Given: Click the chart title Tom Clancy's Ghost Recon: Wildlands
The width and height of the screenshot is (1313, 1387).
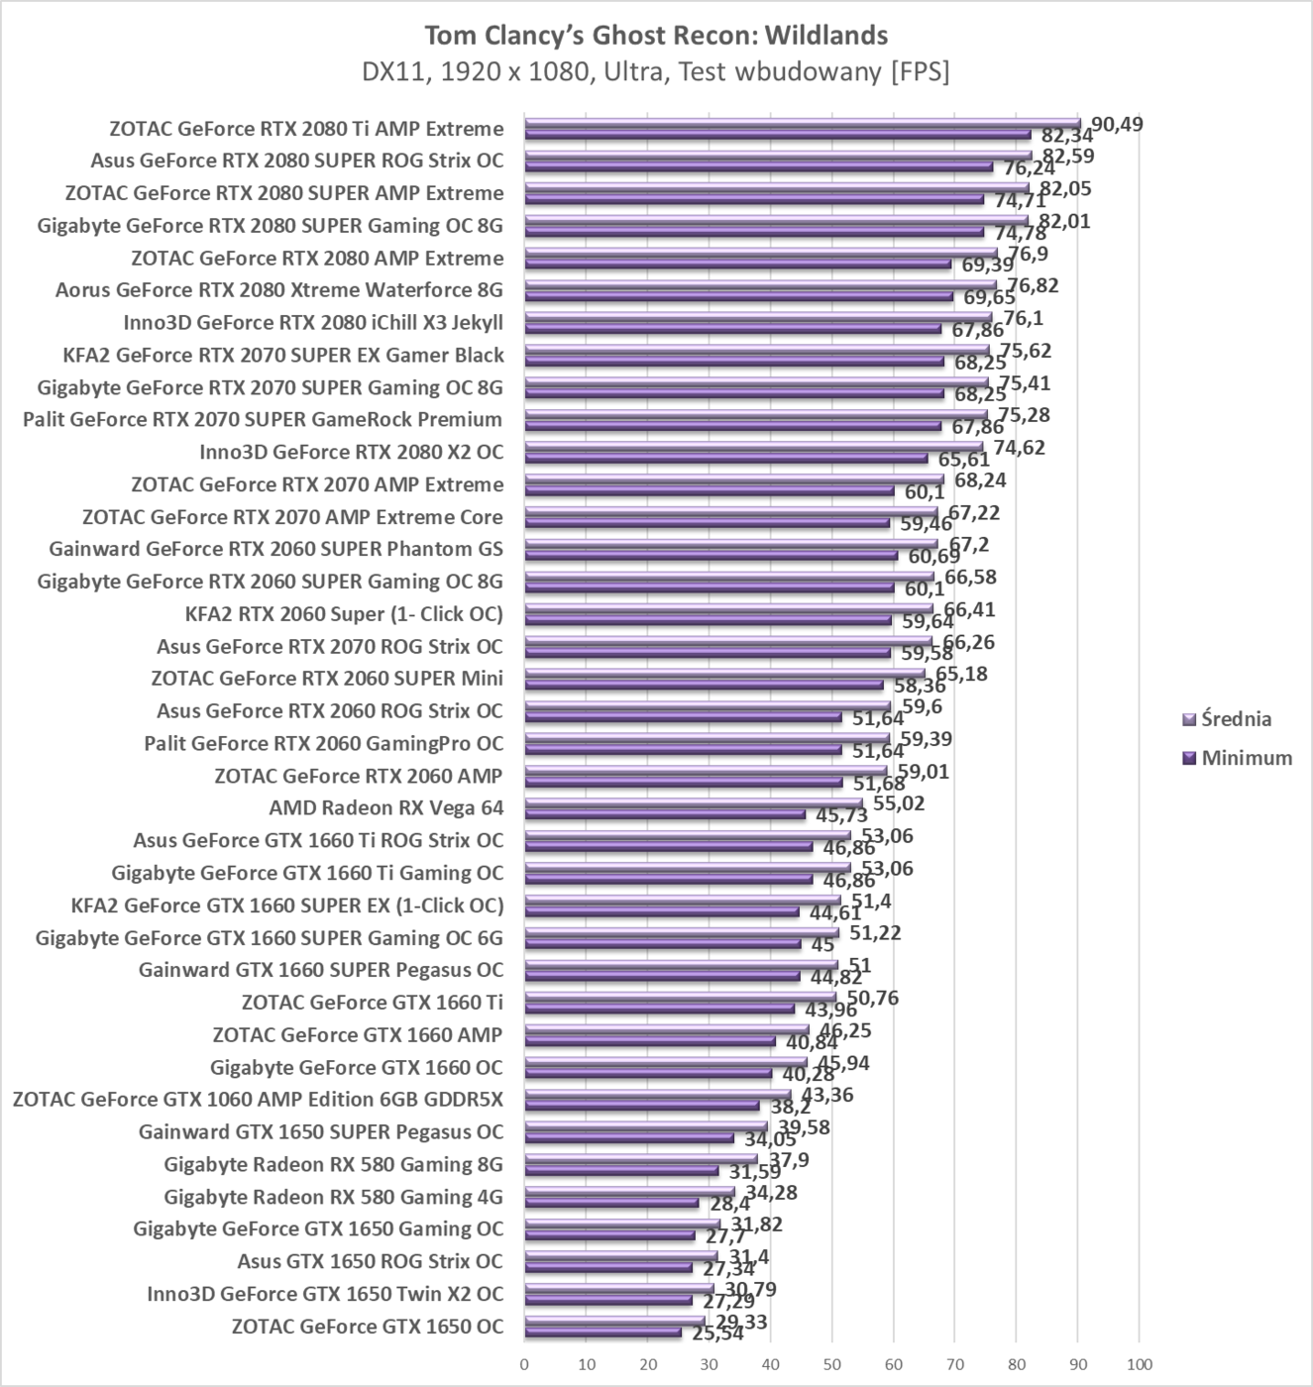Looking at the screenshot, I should (x=655, y=36).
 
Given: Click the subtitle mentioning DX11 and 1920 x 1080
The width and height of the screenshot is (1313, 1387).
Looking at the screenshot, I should (x=655, y=72).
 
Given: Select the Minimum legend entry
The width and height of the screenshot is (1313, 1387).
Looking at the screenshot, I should (x=1246, y=758).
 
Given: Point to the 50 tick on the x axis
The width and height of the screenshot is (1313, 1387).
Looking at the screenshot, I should (x=831, y=1364).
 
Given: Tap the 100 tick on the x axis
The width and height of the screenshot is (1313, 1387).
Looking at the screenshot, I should (x=1139, y=1364).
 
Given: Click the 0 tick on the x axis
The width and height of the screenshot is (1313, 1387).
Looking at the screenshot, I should (x=524, y=1364).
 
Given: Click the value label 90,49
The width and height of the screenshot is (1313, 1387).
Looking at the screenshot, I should (x=1117, y=124).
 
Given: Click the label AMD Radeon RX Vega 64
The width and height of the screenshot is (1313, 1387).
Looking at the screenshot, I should (x=386, y=807).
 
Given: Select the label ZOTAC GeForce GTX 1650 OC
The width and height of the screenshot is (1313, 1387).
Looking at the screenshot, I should (x=368, y=1327).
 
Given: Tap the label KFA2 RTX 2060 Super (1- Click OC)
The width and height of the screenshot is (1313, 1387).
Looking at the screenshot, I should (x=344, y=613).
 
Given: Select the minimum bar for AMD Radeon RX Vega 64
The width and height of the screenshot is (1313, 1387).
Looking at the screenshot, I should (x=664, y=814).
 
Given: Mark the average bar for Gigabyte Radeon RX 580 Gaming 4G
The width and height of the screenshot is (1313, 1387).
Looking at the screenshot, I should (x=629, y=1191).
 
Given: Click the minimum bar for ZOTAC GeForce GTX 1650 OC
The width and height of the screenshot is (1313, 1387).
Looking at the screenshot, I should (x=602, y=1333).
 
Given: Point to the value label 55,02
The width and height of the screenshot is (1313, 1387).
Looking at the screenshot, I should (x=899, y=802).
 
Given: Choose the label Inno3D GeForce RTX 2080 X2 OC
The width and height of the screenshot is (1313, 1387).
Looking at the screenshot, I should (x=351, y=452).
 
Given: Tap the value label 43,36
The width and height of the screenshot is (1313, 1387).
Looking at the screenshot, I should (x=826, y=1095).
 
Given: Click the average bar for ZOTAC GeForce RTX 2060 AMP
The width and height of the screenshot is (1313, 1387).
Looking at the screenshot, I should (x=705, y=770).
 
